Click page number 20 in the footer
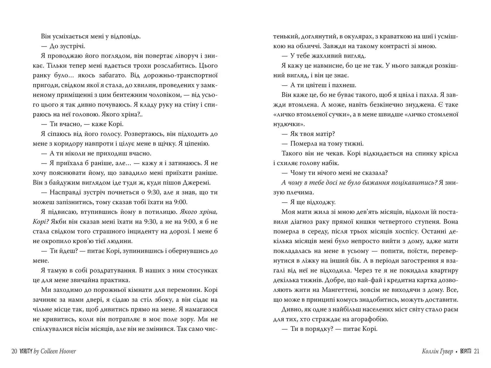click(x=14, y=351)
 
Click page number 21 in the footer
click(x=476, y=351)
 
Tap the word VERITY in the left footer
click(x=26, y=351)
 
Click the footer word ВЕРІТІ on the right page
click(x=465, y=351)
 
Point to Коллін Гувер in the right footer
click(x=438, y=351)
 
